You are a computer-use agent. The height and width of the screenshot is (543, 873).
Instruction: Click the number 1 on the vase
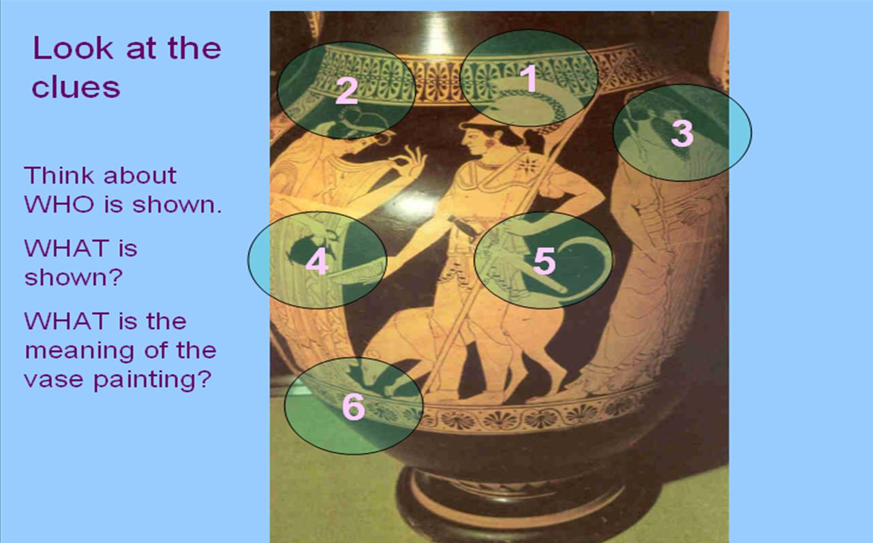click(x=530, y=79)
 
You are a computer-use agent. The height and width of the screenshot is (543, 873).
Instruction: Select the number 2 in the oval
click(x=346, y=91)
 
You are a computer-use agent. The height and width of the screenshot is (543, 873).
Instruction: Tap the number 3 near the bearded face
click(x=681, y=133)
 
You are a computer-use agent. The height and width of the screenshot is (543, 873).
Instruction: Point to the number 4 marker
click(x=317, y=260)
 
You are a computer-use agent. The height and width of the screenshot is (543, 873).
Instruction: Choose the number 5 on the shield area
click(x=544, y=260)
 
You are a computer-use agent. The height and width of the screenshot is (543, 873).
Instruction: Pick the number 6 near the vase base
click(x=353, y=407)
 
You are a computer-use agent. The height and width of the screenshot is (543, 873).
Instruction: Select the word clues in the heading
click(x=76, y=87)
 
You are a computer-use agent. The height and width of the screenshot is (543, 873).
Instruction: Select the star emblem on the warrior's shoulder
click(x=527, y=164)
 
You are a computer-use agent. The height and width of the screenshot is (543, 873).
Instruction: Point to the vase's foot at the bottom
click(x=518, y=504)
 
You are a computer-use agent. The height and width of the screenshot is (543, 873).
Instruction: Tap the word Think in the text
click(x=58, y=175)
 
